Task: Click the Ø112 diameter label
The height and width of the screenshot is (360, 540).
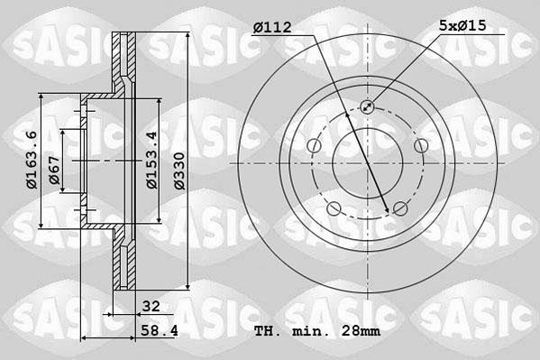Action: point(272,28)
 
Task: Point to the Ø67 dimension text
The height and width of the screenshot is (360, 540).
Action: point(55,171)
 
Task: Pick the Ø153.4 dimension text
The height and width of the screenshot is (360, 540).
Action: point(152,161)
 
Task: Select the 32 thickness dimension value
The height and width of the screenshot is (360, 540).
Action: point(151,306)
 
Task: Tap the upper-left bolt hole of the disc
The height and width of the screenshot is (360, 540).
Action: point(314,147)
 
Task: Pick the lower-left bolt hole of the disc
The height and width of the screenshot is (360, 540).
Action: point(334,210)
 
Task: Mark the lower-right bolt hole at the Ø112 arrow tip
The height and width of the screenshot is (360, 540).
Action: point(398,210)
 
